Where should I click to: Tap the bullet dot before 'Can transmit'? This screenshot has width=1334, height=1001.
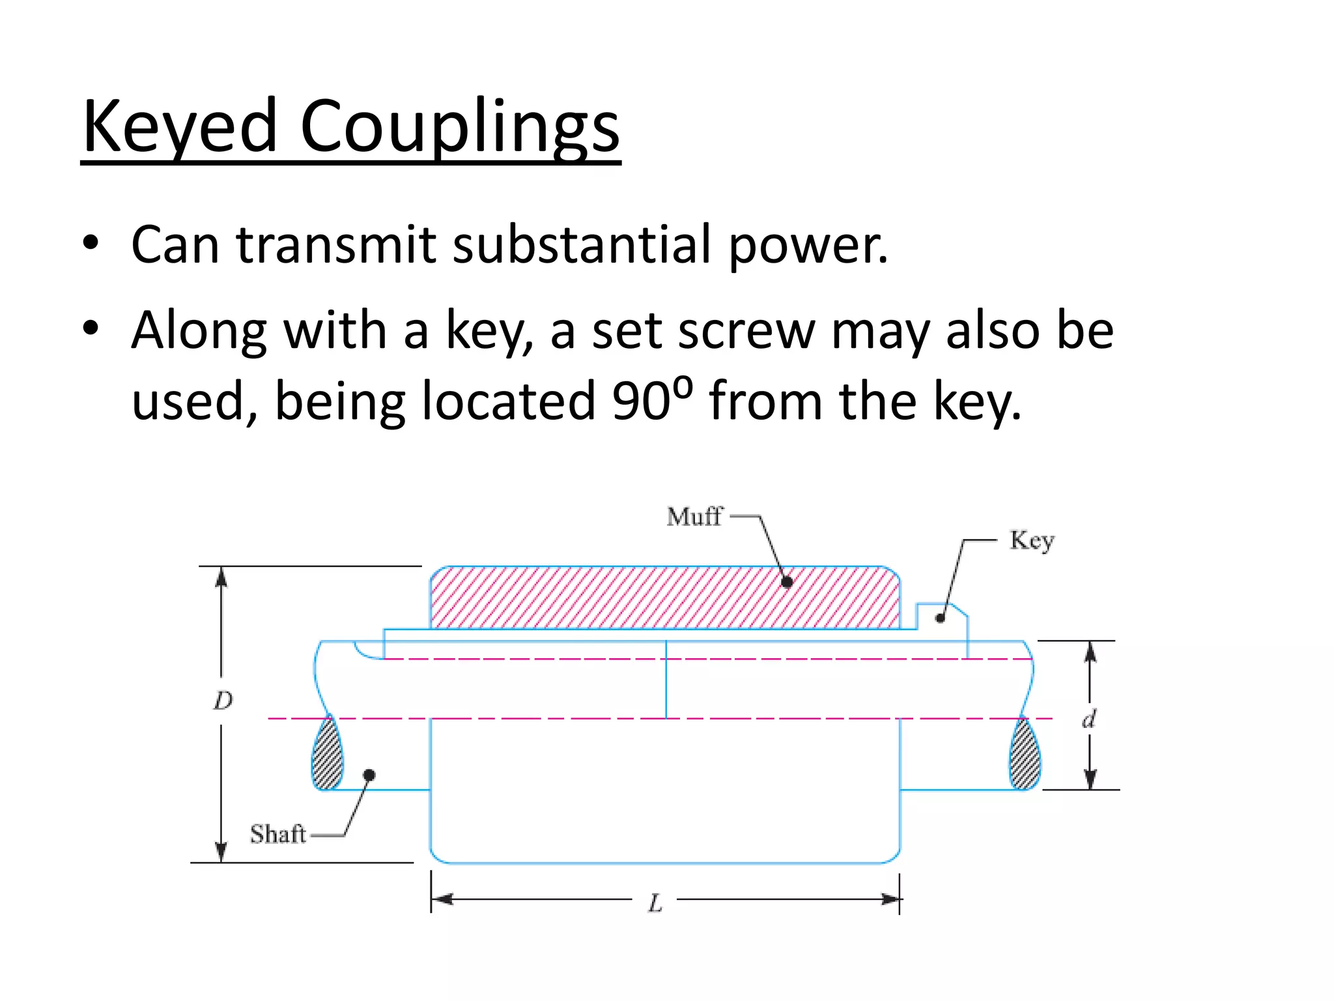(x=91, y=243)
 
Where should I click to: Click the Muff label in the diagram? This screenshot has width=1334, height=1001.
(x=694, y=517)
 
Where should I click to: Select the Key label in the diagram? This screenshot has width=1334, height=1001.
(x=1032, y=541)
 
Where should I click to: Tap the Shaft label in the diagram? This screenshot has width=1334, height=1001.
(x=278, y=834)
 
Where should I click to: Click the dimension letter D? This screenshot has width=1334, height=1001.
(x=223, y=701)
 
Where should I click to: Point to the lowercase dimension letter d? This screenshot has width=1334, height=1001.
(x=1088, y=719)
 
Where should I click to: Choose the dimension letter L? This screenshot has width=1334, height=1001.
(x=655, y=903)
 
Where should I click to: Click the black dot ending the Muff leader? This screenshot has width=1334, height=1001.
(x=787, y=583)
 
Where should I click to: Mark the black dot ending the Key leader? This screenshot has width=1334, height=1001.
(x=940, y=618)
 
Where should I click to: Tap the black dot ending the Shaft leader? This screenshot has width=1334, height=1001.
(x=369, y=775)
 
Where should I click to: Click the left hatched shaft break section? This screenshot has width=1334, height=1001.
(x=328, y=755)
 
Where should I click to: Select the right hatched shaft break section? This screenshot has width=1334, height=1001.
(x=1025, y=755)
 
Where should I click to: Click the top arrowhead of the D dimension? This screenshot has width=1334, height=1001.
(x=221, y=577)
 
